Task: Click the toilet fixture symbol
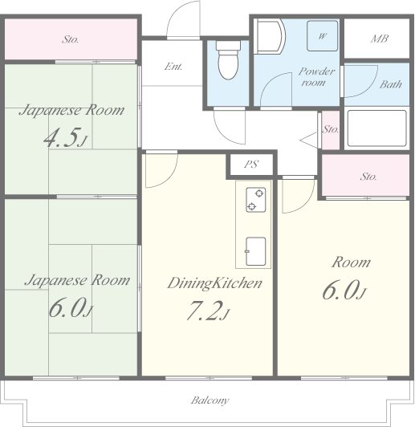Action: click(x=229, y=59)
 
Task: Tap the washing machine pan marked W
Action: click(x=323, y=36)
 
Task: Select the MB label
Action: click(x=380, y=39)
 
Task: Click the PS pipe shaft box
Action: click(x=251, y=165)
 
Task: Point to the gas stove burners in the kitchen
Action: click(x=256, y=200)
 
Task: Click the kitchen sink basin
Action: click(x=256, y=251)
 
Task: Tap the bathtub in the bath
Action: click(x=377, y=128)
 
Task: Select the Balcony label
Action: click(x=210, y=401)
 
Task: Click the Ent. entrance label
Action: click(x=173, y=66)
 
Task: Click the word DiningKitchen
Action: click(x=214, y=283)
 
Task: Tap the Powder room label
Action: click(x=316, y=77)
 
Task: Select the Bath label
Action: click(x=391, y=84)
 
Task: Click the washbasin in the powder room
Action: click(x=270, y=36)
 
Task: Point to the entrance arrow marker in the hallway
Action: click(x=309, y=140)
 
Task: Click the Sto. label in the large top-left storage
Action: click(x=71, y=40)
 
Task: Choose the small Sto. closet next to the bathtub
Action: click(x=331, y=130)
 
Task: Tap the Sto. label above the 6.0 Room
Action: click(x=368, y=177)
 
